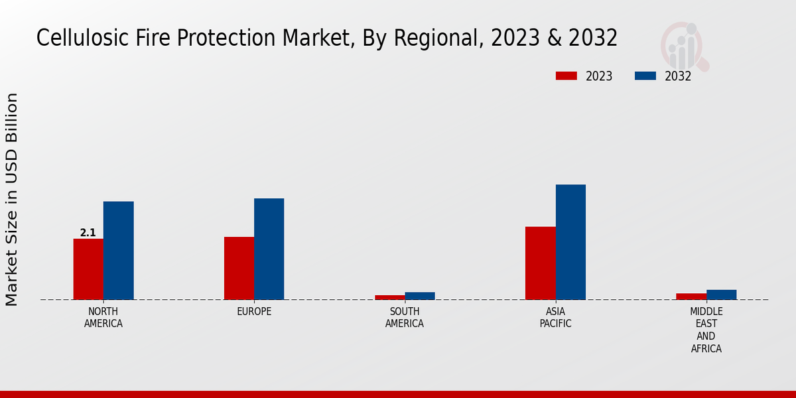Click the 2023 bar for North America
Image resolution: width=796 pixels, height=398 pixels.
(x=88, y=269)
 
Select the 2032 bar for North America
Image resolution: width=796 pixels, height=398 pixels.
(x=118, y=250)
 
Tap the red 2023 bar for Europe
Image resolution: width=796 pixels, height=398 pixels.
(x=239, y=268)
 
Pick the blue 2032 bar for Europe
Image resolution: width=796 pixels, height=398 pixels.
(x=269, y=249)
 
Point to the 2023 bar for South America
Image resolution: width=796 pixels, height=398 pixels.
(x=389, y=297)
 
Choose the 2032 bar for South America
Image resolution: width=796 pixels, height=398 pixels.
(x=420, y=296)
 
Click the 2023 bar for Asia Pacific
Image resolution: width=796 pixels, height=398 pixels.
(x=540, y=263)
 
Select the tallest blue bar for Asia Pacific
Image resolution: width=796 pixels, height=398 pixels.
(x=570, y=241)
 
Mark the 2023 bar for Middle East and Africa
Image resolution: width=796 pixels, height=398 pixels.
(x=691, y=297)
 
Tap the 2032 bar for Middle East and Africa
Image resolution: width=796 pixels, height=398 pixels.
(x=721, y=295)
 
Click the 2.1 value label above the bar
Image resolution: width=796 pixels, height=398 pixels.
(x=88, y=233)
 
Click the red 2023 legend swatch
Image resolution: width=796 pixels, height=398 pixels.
(x=566, y=76)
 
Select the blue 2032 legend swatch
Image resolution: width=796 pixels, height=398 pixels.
(x=645, y=76)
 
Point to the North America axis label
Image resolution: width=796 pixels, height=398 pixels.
(x=103, y=318)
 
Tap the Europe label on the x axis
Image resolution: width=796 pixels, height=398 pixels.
(x=254, y=312)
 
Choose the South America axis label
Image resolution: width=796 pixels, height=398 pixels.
(x=405, y=318)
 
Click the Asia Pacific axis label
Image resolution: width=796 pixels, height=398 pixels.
(x=555, y=318)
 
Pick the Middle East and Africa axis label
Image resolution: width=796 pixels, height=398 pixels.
(x=706, y=330)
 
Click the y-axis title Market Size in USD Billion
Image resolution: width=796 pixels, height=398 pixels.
(x=12, y=199)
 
